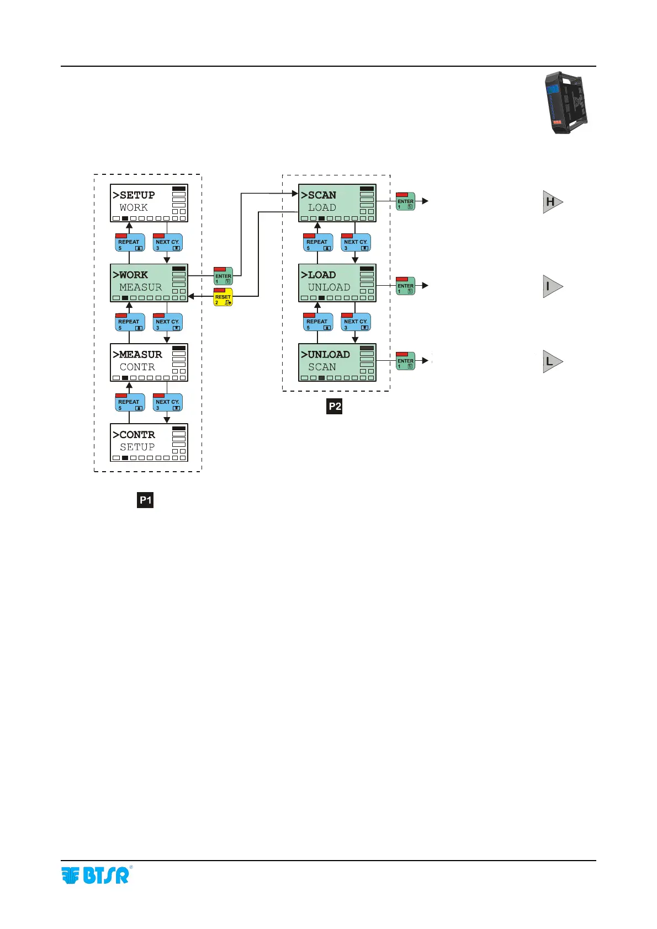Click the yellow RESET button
tap(223, 297)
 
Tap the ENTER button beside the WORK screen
tap(223, 276)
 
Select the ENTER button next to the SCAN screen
tap(405, 201)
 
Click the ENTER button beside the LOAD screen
tap(405, 286)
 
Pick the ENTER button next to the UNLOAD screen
tap(405, 361)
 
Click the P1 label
tap(145, 500)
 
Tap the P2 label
tap(335, 407)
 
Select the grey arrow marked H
tap(552, 202)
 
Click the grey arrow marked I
tap(552, 286)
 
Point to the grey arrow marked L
tap(552, 362)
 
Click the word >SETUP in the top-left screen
tap(134, 195)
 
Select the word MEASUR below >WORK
tap(141, 287)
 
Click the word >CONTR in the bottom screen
tap(134, 435)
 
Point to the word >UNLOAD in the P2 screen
tap(326, 355)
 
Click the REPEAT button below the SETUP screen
tap(130, 242)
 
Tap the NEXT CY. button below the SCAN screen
tap(356, 242)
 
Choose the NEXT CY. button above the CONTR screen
tap(167, 402)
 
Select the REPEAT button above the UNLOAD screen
tap(318, 322)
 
